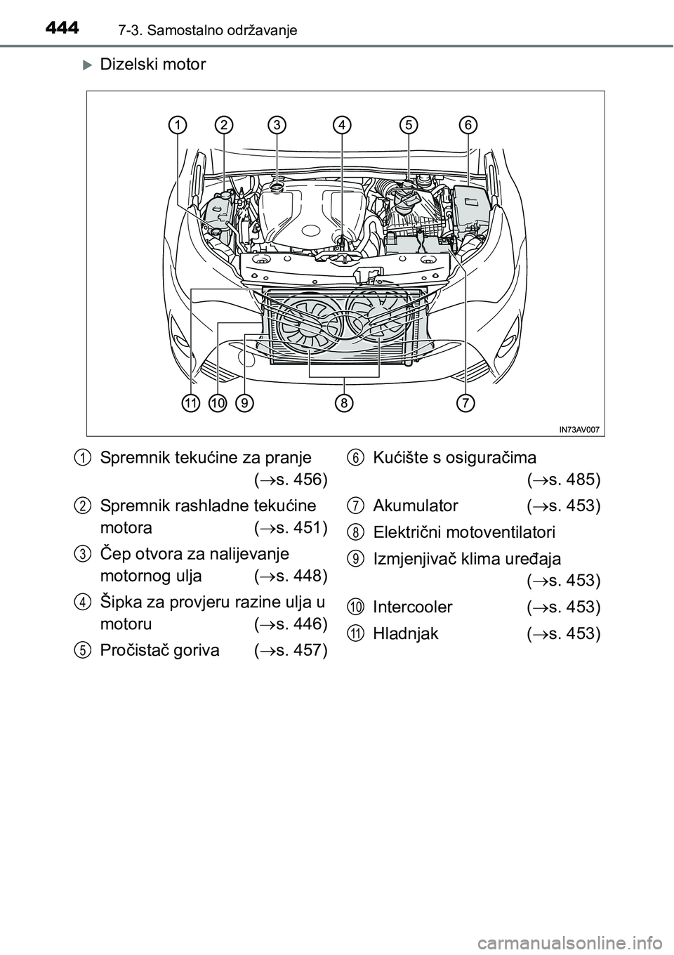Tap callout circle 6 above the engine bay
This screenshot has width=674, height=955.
(x=468, y=125)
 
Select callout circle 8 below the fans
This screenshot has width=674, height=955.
(x=344, y=403)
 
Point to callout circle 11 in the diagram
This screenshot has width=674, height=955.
(x=190, y=403)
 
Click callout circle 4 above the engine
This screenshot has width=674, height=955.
(x=343, y=125)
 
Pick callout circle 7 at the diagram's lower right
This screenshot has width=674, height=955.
(x=465, y=403)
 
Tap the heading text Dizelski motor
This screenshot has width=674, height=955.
(x=153, y=65)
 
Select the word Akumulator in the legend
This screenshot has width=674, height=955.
(x=416, y=506)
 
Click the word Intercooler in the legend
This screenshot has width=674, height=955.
(x=413, y=607)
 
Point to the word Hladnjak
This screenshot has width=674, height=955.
(x=406, y=633)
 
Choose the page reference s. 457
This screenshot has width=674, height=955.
(x=296, y=650)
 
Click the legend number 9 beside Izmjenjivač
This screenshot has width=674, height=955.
(x=356, y=559)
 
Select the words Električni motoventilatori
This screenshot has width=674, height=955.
(x=464, y=532)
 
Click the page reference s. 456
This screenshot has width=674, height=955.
(x=296, y=480)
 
